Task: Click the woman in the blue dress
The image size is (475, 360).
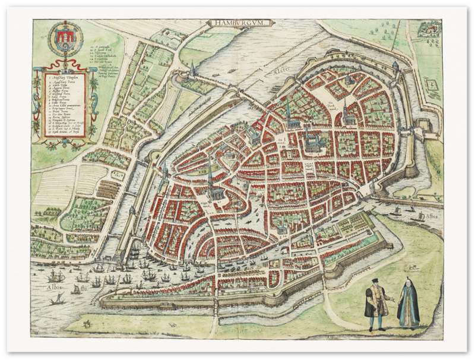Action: [408, 302]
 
